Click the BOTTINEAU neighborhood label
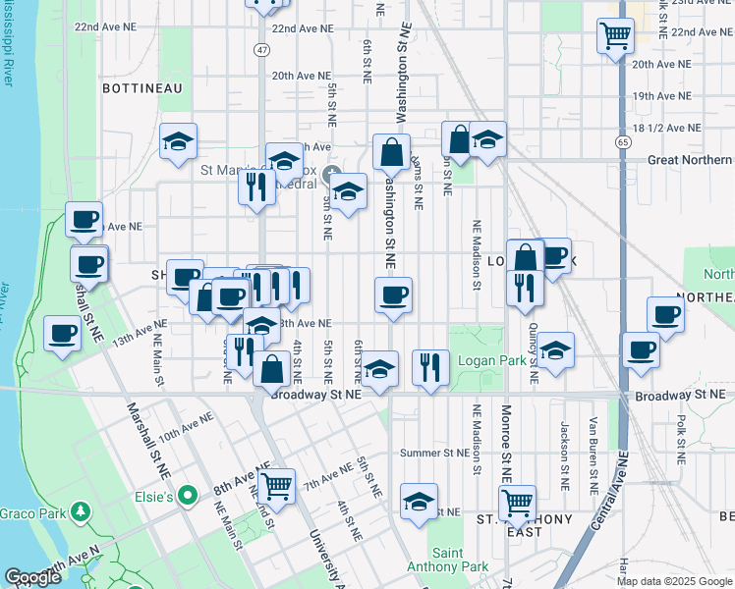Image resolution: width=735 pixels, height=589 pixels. point(142,88)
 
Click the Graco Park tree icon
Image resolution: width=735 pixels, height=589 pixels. point(82,510)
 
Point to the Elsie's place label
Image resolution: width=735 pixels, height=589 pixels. point(154,498)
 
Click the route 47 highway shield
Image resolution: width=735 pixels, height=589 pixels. point(260,49)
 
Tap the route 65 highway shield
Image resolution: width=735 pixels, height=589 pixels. point(623,142)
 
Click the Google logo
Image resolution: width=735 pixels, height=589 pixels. point(32,577)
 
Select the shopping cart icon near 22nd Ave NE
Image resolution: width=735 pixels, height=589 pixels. point(615,36)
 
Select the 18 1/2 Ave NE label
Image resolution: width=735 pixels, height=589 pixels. point(667,128)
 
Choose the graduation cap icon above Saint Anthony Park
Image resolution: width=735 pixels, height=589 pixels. point(419,501)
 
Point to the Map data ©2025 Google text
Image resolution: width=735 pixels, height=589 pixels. point(673,581)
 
